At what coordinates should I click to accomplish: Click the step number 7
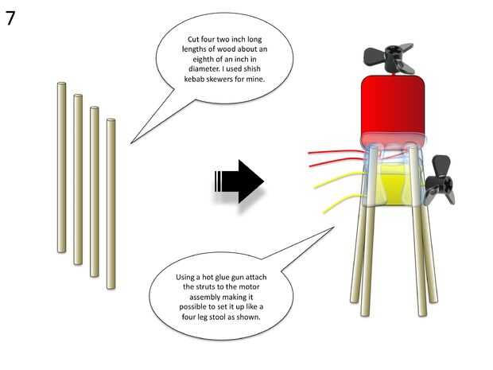(10, 18)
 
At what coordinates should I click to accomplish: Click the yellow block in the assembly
(394, 185)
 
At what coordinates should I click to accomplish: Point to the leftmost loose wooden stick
(60, 167)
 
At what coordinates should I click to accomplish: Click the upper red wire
(334, 152)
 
